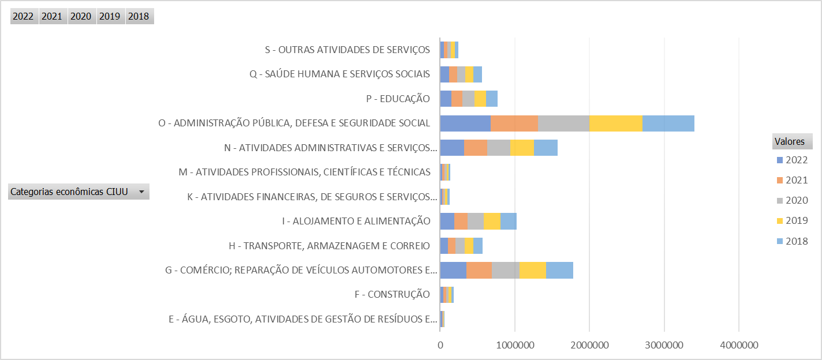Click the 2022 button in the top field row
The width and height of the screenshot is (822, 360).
pos(23,16)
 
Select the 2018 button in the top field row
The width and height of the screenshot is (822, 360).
pos(139,16)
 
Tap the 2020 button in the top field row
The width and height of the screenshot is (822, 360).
pos(81,16)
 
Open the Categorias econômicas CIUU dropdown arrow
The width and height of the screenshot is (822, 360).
pos(141,192)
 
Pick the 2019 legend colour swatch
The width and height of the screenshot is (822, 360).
pos(780,221)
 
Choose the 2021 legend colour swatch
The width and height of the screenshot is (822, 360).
pos(780,181)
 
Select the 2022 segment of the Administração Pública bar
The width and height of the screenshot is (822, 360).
pos(465,123)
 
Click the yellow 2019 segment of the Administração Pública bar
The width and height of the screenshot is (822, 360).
pos(615,123)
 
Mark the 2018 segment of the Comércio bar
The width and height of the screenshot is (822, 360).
pos(559,270)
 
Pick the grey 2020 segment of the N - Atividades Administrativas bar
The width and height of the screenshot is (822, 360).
pos(498,148)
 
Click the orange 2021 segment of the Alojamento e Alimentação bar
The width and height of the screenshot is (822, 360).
pos(461,221)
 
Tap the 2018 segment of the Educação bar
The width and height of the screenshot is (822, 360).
pos(491,99)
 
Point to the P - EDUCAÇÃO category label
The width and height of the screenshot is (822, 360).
pos(398,99)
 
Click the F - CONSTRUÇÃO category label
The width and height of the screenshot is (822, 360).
pos(393,294)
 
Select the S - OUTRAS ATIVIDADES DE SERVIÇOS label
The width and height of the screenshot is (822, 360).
pos(348,50)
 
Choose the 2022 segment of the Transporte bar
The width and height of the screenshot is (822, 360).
pos(444,246)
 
